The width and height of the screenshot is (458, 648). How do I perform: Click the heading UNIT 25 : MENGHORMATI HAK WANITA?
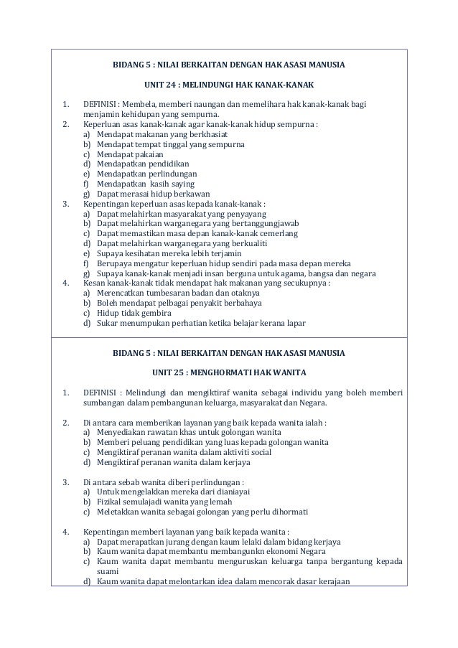[229, 373]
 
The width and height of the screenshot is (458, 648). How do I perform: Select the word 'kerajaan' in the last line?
[332, 581]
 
